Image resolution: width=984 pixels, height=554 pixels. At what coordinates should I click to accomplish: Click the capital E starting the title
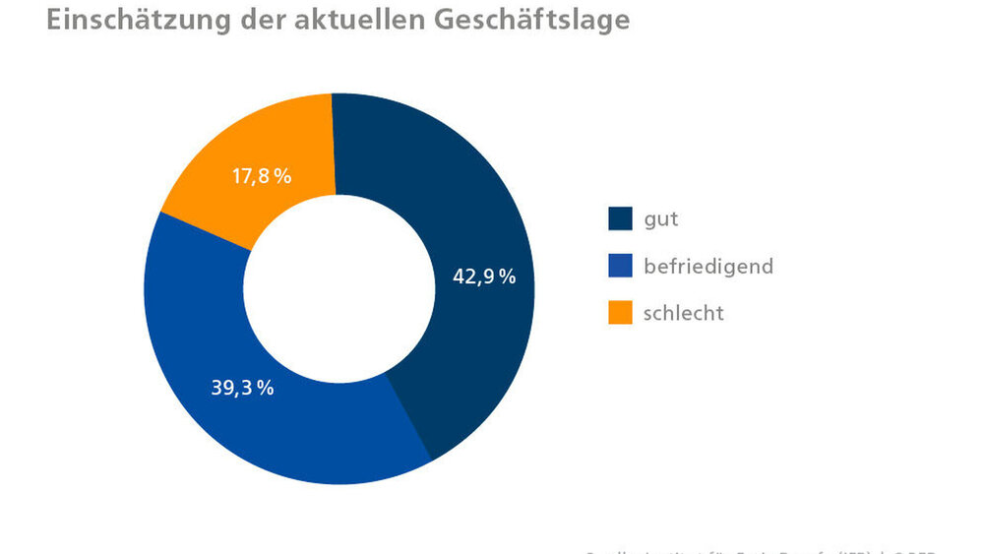pos(55,20)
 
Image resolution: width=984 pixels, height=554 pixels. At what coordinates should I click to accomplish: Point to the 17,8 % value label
pos(263,177)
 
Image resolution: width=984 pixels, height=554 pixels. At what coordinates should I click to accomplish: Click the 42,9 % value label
pos(484,277)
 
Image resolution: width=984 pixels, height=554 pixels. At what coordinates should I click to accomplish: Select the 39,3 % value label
pos(242,387)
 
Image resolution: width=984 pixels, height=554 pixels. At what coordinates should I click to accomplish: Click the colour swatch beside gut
pos(620,218)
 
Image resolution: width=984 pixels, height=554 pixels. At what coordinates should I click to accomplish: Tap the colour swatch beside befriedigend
pos(620,266)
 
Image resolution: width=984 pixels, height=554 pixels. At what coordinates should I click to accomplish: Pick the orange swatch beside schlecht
pos(620,313)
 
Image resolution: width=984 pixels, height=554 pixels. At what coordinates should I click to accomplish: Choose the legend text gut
pos(660,219)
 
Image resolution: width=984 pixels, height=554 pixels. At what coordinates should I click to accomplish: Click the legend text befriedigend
pos(708,266)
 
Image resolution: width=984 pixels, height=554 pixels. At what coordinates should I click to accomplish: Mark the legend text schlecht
pos(683,313)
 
